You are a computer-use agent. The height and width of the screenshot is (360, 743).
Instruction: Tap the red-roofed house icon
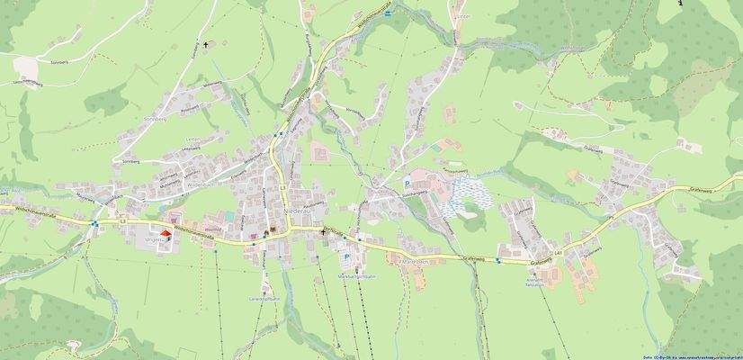point(165,234)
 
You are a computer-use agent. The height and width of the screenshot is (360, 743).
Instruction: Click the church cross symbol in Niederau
point(324,232)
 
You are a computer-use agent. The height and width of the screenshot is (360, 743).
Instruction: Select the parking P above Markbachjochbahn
point(346,256)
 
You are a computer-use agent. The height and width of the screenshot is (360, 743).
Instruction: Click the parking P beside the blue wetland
point(406,182)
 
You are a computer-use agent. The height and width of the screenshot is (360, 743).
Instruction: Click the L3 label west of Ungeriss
point(122,219)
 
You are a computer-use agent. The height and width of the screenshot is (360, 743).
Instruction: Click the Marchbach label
point(412,262)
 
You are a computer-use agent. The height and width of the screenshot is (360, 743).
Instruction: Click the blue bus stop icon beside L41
point(497,261)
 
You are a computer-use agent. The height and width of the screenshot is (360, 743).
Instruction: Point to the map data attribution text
point(692,356)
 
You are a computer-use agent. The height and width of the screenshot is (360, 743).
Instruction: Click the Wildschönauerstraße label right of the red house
point(193,230)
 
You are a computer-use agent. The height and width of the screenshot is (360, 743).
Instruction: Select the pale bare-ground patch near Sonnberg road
point(27,67)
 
